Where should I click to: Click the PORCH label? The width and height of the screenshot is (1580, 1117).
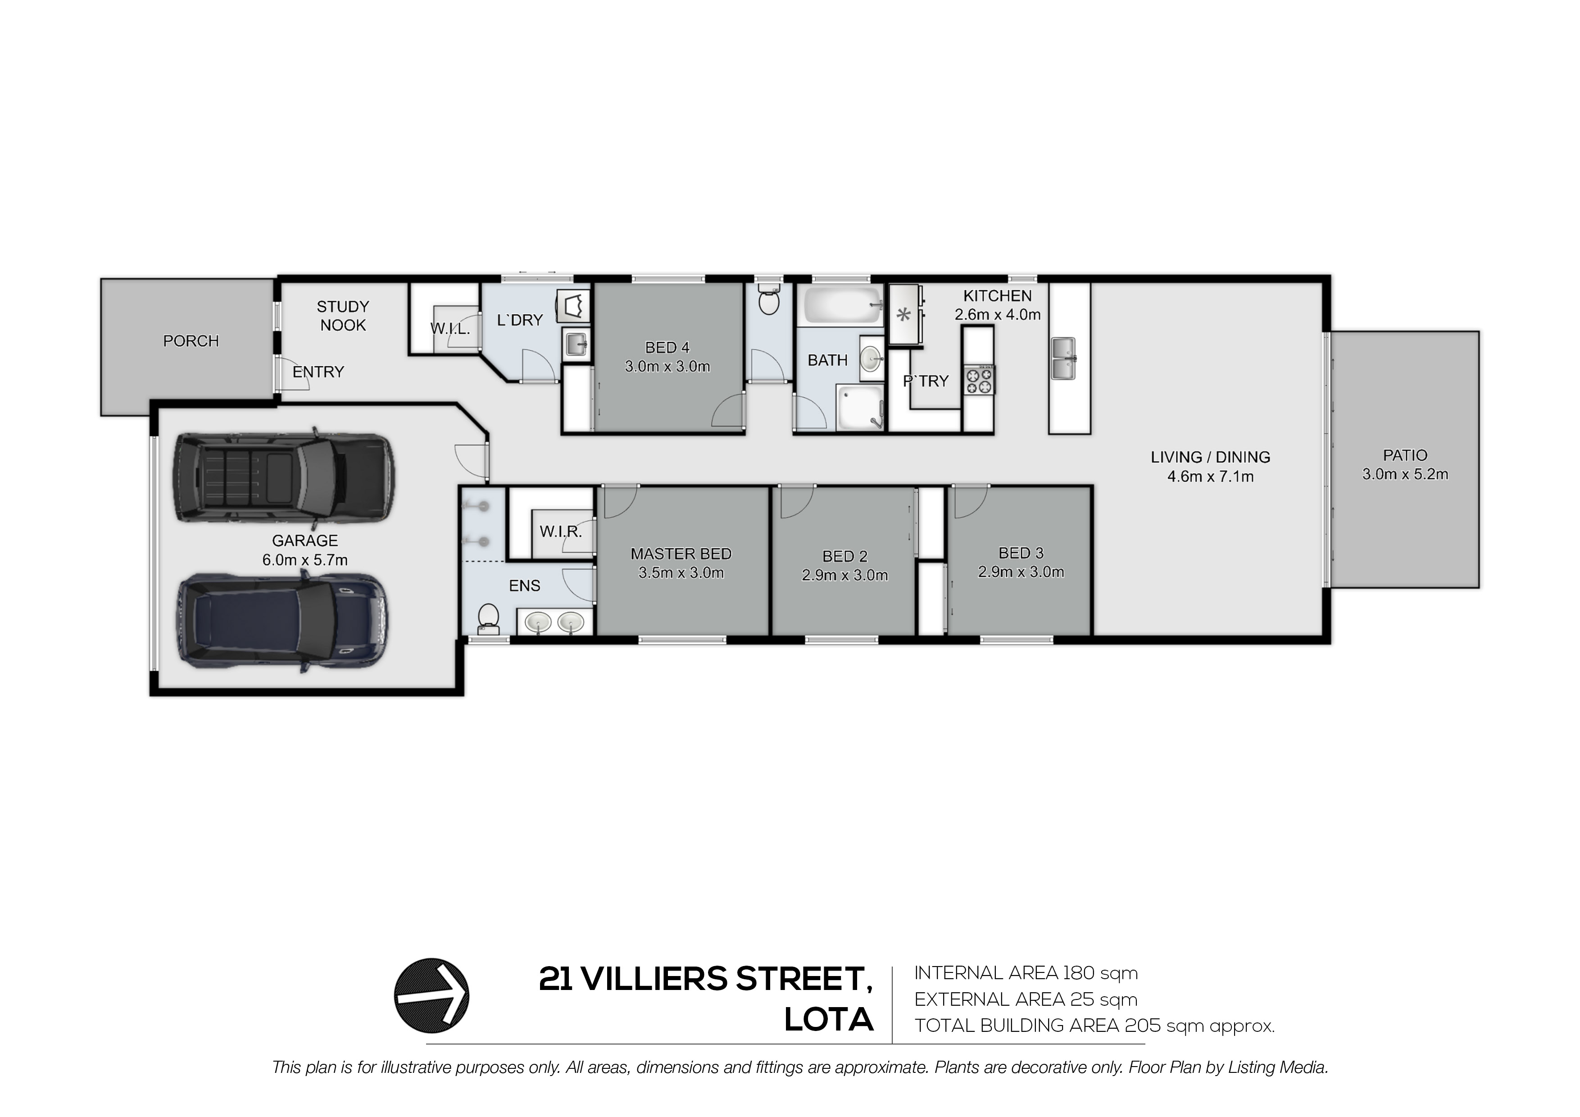191,341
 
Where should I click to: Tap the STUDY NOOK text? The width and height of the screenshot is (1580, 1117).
343,316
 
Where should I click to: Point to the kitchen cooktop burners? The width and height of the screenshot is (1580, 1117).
979,380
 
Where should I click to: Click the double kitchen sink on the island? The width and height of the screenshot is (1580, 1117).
1069,358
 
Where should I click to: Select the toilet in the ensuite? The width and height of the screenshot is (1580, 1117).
489,618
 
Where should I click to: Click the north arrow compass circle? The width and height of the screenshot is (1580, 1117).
431,995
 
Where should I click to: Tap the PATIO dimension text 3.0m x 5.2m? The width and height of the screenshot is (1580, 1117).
1405,474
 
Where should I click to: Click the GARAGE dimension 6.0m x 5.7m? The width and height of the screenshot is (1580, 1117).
305,560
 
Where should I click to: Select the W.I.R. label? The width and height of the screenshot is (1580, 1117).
561,531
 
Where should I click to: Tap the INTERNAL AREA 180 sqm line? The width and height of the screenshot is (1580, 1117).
1026,973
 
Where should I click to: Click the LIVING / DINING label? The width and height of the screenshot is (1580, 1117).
1211,457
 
